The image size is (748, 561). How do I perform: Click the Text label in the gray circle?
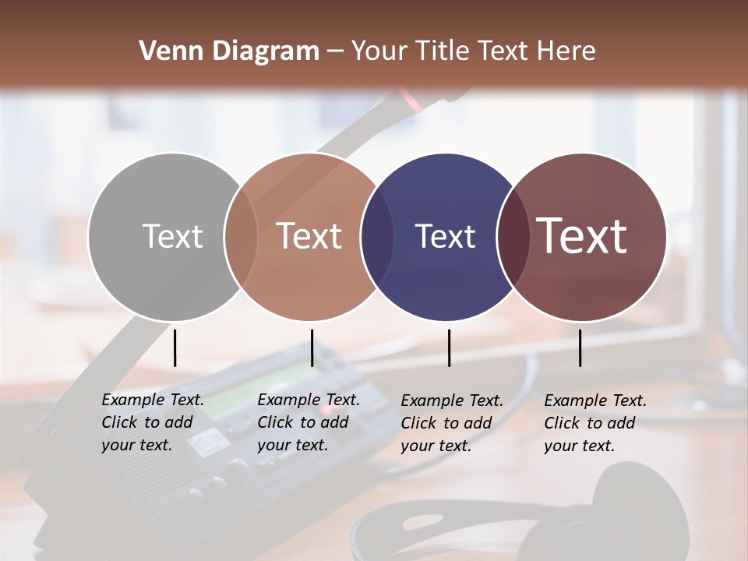tap(172, 236)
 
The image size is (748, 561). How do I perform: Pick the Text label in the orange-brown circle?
tap(309, 236)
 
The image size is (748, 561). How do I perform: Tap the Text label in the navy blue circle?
tap(445, 236)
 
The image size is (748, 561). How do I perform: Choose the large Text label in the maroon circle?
tap(582, 236)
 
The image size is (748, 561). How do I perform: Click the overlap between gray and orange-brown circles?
tap(241, 237)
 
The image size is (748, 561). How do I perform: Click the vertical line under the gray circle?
tap(175, 348)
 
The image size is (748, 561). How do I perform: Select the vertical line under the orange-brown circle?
tap(312, 348)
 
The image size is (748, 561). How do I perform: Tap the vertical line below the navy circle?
tap(449, 348)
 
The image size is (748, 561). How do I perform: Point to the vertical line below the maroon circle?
tap(580, 348)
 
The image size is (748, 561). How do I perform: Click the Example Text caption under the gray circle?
tap(153, 422)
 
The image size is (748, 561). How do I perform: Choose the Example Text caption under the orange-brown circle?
tap(309, 422)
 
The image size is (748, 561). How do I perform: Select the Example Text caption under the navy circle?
tap(452, 423)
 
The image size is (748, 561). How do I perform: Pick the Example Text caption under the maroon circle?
tap(595, 423)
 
